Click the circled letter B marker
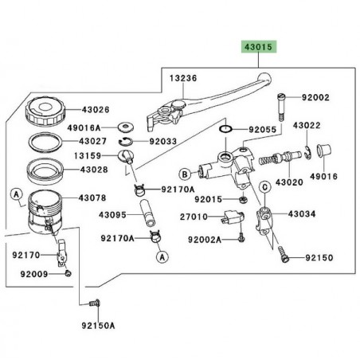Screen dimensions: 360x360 (x=185, y=172)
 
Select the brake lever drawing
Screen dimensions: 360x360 (x=215, y=100)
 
